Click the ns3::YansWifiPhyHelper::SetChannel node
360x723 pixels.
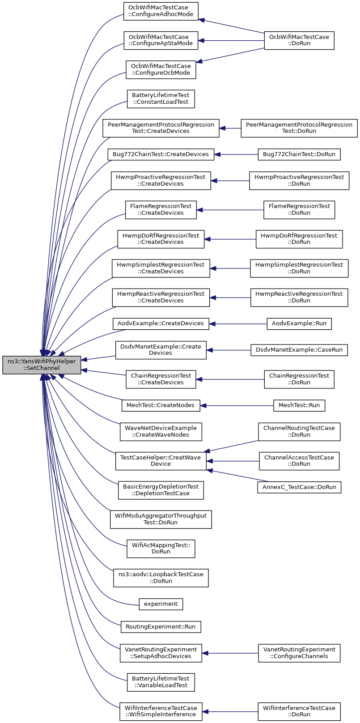(42, 365)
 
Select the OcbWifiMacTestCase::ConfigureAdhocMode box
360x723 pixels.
(161, 11)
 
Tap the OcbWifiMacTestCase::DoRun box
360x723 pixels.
(299, 40)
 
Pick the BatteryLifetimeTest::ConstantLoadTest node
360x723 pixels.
(161, 99)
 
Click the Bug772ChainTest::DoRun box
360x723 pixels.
(299, 154)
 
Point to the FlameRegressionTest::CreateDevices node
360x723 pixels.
(161, 210)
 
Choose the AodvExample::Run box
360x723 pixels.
(299, 324)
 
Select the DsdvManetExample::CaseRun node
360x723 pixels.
(299, 350)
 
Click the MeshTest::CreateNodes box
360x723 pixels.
(161, 405)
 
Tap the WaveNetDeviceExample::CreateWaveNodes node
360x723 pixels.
(161, 432)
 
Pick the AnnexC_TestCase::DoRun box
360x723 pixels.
(299, 487)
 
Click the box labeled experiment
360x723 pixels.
(161, 604)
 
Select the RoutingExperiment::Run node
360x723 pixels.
(161, 627)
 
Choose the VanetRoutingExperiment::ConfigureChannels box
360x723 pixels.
(299, 653)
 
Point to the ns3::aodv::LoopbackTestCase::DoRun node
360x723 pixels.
(161, 578)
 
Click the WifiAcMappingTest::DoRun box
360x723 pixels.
(161, 549)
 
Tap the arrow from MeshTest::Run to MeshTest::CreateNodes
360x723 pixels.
(237, 405)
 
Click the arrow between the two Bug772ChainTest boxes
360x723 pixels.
(236, 154)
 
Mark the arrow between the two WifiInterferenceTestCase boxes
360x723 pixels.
(230, 711)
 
